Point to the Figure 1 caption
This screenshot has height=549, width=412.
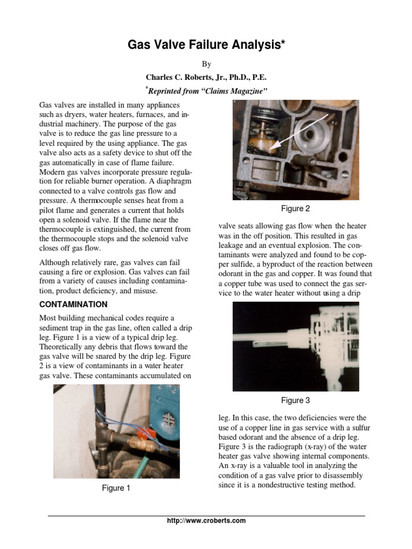[116, 488]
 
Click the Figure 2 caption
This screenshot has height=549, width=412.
[296, 208]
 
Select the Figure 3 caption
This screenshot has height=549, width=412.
[296, 400]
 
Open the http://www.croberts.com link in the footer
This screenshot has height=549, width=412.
[206, 521]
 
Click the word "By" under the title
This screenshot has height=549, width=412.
[206, 63]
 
